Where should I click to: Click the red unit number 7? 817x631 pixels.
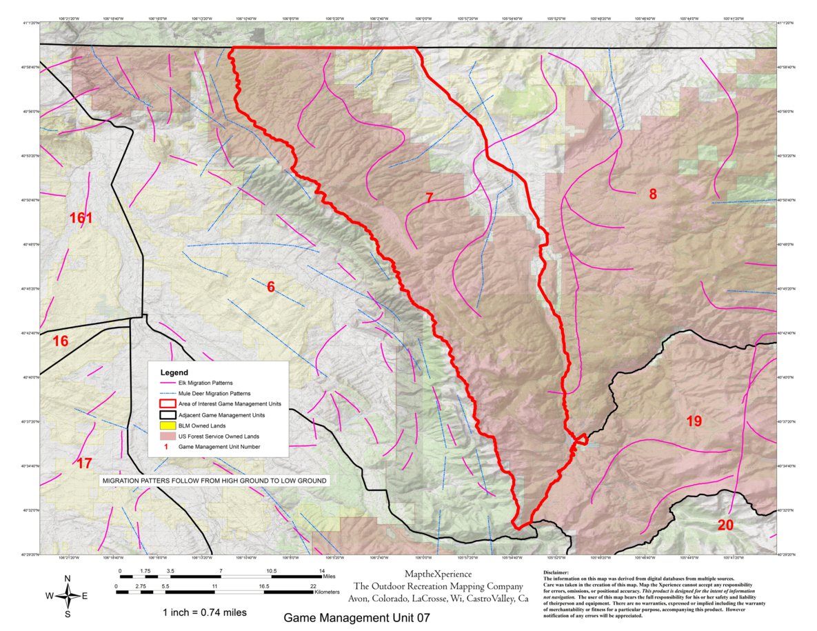[429, 199]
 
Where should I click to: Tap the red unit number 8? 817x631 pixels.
[652, 194]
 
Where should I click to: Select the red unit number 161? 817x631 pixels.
[81, 219]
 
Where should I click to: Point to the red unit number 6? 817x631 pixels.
[271, 287]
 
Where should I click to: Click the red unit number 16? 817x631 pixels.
[61, 341]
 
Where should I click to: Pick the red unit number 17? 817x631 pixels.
[83, 463]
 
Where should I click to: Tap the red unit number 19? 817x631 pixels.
[694, 421]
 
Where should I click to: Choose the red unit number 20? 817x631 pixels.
[725, 525]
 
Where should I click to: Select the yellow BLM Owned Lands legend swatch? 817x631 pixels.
[165, 426]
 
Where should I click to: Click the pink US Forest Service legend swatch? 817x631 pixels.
[165, 437]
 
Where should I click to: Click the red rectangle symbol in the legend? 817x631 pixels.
[165, 404]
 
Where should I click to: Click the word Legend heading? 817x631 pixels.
[174, 372]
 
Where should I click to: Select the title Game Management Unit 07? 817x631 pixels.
[356, 618]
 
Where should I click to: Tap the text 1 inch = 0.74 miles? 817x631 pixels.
[204, 612]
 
